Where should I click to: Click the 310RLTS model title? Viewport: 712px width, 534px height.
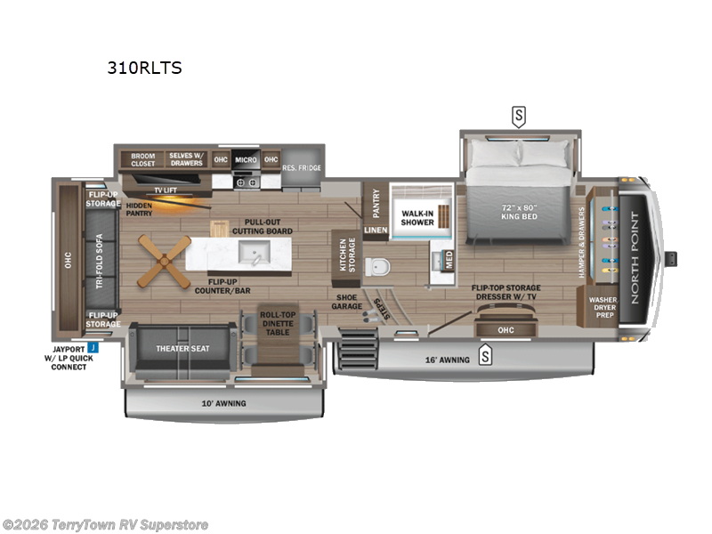pyautogui.click(x=145, y=68)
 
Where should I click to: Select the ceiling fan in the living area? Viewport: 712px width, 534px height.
pyautogui.click(x=166, y=261)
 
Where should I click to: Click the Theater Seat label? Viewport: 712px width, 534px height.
pyautogui.click(x=182, y=348)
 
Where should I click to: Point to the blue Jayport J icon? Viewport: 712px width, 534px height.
pyautogui.click(x=91, y=348)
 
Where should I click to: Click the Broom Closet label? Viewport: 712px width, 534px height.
pyautogui.click(x=143, y=159)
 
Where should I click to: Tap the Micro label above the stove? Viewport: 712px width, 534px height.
pyautogui.click(x=246, y=160)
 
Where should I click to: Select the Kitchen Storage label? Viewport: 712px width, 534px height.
pyautogui.click(x=342, y=255)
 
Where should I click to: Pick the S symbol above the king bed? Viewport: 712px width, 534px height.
pyautogui.click(x=517, y=116)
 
